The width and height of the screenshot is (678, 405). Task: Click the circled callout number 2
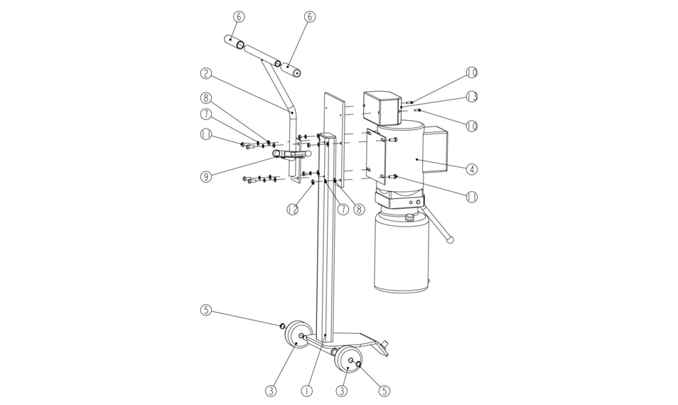[x=206, y=73]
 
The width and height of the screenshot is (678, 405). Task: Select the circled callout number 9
[x=206, y=176]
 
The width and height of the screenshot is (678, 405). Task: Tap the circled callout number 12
[x=293, y=209]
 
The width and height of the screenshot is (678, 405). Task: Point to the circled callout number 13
[x=471, y=97]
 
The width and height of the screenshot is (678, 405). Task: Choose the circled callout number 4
[x=472, y=168]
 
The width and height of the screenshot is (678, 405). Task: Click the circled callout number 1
[x=306, y=391]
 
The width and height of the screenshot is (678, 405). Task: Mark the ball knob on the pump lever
[x=450, y=239]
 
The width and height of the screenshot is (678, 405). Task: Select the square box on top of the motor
[x=380, y=107]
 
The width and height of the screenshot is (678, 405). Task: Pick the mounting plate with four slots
[x=376, y=154]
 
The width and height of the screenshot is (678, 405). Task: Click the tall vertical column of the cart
[x=326, y=238]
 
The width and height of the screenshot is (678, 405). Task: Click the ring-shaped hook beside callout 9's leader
[x=276, y=154]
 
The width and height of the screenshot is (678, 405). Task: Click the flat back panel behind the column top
[x=334, y=139]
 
